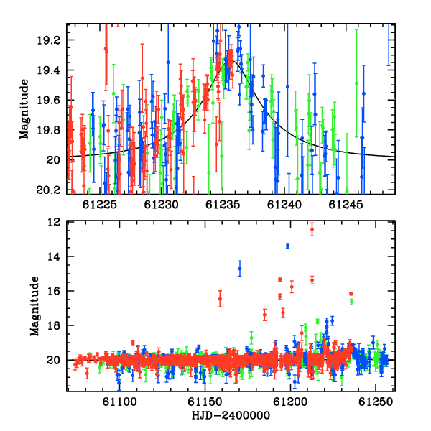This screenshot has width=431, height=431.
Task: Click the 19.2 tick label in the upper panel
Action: point(49,40)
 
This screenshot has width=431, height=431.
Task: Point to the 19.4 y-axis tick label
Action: point(49,70)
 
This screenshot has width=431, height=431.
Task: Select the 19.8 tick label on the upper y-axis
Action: point(49,130)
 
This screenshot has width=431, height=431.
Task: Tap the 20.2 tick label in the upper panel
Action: point(49,190)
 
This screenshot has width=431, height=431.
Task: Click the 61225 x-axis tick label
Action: point(100,205)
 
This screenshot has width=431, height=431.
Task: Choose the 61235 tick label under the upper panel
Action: point(223,205)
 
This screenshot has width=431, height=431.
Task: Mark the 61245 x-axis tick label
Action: point(346,205)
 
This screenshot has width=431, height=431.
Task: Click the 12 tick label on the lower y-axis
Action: point(54,222)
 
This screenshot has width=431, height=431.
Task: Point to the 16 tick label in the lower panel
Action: point(54,291)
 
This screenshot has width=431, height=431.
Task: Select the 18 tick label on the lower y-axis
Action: point(54,325)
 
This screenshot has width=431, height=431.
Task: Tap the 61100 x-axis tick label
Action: point(119,402)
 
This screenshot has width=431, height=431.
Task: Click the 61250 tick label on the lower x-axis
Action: point(376,402)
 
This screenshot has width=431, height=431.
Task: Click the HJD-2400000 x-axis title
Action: point(231,415)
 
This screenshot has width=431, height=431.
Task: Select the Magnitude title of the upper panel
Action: point(24,109)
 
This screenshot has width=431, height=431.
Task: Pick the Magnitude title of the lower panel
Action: point(34,306)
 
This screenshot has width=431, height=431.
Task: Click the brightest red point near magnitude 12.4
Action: point(312,229)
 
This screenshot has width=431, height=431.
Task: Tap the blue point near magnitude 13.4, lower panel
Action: point(288,246)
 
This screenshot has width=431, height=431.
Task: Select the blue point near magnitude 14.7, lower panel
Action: point(240,269)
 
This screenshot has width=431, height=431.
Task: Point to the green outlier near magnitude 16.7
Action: point(351,302)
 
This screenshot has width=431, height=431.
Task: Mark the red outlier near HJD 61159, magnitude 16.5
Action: point(220,299)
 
